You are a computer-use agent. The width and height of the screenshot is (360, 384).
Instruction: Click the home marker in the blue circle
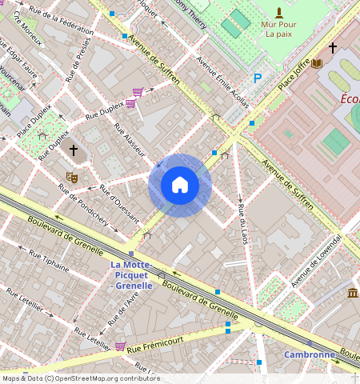[x=180, y=186]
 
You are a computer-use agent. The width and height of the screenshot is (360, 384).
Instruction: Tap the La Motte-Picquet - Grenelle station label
[x=138, y=274]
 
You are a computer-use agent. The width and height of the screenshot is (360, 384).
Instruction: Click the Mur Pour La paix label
[x=279, y=30]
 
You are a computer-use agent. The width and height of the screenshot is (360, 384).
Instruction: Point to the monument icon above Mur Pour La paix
[x=278, y=12]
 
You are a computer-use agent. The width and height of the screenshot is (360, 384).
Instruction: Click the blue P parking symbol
[x=257, y=78]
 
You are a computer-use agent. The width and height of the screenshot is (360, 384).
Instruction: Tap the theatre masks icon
[x=71, y=177]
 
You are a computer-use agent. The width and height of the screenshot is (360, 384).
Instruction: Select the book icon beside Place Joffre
[x=317, y=63]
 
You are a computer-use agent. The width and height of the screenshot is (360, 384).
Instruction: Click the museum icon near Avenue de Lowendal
[x=352, y=294]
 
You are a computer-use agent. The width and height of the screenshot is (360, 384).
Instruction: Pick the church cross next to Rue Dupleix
[x=74, y=150]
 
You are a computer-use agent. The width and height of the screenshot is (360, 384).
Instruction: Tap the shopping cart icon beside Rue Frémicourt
[x=120, y=346]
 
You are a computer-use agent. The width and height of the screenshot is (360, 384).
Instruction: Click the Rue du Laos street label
[x=241, y=222]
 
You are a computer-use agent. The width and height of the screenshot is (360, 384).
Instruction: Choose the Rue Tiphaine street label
[x=50, y=263]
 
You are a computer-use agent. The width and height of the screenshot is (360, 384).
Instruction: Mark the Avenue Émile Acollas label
[x=222, y=82]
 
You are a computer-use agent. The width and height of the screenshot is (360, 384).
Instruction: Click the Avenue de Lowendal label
[x=316, y=262]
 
